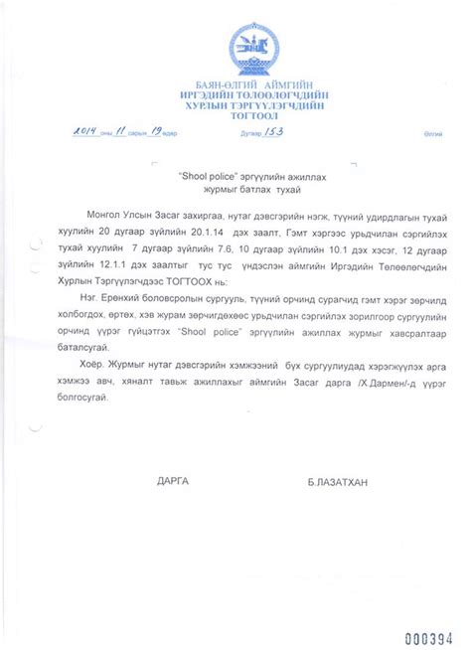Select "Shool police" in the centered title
click(205, 172)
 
